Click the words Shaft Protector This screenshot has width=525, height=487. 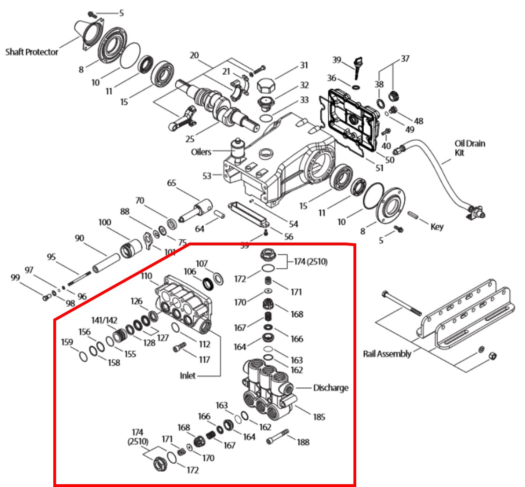point(32,51)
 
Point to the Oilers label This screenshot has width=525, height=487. point(201,152)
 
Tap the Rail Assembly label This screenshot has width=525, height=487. point(387,353)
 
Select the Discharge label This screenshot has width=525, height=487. point(331,388)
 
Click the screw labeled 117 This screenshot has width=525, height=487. point(179,348)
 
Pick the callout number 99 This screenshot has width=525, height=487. point(16,278)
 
